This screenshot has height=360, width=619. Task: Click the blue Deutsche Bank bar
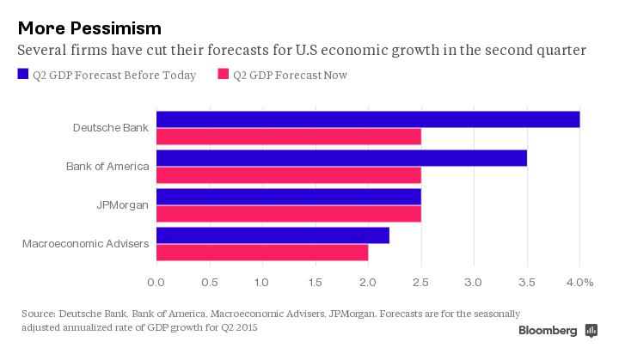point(368,119)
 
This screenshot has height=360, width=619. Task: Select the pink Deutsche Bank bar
point(289,136)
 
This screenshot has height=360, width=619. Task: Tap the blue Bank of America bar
point(341,158)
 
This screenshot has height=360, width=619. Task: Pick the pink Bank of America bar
point(289,175)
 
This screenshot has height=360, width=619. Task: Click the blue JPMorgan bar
point(289,197)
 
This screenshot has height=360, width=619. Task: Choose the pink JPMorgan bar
point(289,214)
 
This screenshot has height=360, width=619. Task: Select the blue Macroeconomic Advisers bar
point(273,235)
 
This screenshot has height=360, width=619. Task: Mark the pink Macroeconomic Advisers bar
point(262,253)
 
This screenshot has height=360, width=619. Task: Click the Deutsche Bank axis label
point(111,127)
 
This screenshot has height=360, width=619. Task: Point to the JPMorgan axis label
point(123,205)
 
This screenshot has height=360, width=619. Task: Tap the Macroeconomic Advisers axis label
point(85,244)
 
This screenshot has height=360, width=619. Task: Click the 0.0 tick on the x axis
point(156,282)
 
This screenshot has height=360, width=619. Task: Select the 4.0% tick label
point(579,282)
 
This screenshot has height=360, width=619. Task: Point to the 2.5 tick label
point(421,282)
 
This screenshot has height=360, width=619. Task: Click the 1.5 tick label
point(315,282)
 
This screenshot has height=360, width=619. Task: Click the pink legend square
point(224,75)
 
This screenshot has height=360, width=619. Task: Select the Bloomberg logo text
point(548,331)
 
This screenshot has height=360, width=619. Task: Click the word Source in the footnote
point(39,314)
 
